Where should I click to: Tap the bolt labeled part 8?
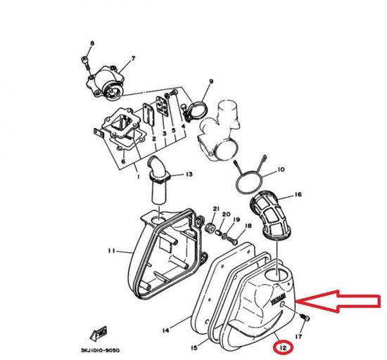pyautogui.click(x=85, y=63)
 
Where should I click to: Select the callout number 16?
pyautogui.click(x=297, y=195)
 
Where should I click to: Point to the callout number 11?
pyautogui.click(x=111, y=251)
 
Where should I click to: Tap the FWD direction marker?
pyautogui.click(x=99, y=330)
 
